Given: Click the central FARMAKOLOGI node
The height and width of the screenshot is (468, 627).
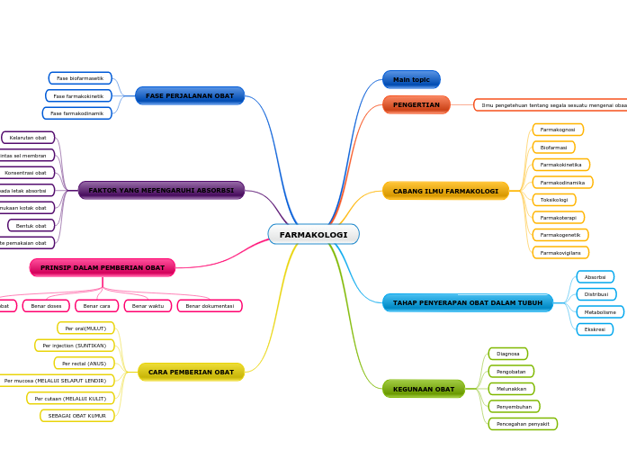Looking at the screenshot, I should click(313, 234).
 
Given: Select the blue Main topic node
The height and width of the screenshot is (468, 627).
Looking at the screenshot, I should click(411, 79).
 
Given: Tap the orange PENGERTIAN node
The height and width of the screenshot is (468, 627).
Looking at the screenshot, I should click(416, 104).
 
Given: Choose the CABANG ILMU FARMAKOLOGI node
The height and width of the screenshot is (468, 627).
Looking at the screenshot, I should click(445, 191).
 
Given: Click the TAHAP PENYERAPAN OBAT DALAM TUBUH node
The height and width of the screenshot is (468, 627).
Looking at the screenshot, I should click(467, 302).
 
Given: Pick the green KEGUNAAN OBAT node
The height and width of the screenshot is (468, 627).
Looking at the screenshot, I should click(423, 389).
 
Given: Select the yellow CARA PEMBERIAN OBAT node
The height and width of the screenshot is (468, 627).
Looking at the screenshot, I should click(191, 372).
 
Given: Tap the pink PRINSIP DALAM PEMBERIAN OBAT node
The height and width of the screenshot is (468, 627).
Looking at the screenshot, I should click(103, 267).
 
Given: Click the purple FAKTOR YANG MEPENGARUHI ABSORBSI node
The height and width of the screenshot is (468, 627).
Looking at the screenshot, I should click(161, 190).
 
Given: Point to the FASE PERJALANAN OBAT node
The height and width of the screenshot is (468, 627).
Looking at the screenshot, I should click(190, 95).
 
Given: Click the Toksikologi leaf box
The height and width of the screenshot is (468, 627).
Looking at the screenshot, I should click(554, 200).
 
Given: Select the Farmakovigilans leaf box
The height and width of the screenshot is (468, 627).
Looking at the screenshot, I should click(560, 253).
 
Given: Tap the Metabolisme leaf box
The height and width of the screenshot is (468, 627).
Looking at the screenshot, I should click(600, 312).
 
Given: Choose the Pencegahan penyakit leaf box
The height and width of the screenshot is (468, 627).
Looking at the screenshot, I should click(523, 424).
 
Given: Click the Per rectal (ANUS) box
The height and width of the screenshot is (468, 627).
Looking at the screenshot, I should click(84, 363).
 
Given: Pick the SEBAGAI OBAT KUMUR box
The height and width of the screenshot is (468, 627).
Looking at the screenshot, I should click(77, 416).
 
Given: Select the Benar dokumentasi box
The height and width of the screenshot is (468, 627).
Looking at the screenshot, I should click(210, 306).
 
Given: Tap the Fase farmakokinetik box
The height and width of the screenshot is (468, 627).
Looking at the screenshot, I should click(78, 95).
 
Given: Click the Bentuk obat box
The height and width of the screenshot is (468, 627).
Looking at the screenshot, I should click(31, 225).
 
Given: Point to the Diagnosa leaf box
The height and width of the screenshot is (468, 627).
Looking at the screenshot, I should click(508, 354).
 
